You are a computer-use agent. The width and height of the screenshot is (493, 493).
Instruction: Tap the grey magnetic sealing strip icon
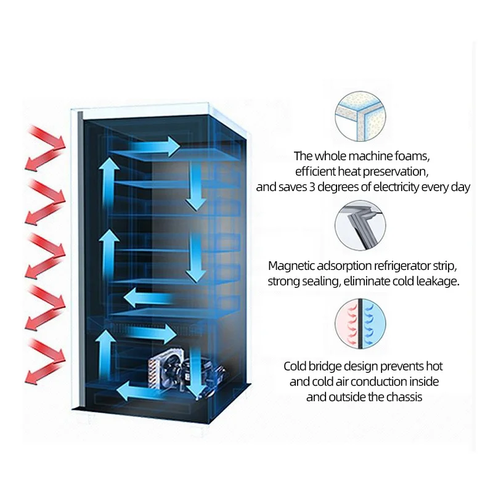pyautogui.click(x=360, y=224)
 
